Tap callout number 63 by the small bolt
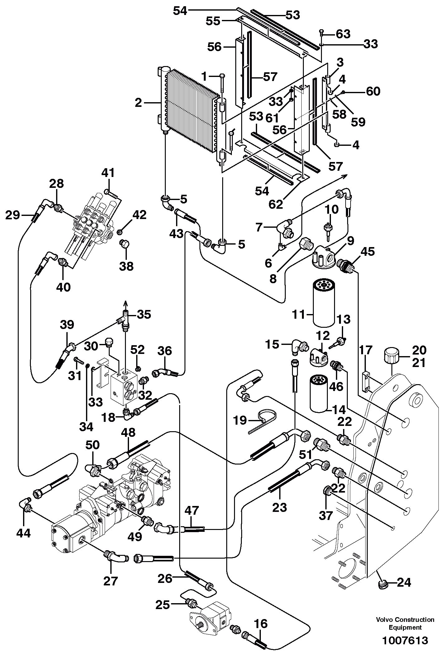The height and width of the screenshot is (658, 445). (x=343, y=34)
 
